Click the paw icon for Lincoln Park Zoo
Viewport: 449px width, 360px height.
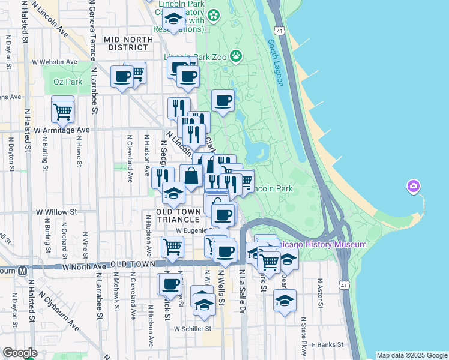(237, 56)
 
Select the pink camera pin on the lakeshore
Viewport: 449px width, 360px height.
(413, 187)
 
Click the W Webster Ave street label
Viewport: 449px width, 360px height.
(55, 62)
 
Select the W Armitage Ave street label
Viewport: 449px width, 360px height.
(61, 130)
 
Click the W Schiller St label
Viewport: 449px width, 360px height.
(193, 329)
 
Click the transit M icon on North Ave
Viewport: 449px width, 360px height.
(22, 270)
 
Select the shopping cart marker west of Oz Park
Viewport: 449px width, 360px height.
(62, 110)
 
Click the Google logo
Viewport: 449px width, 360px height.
(20, 353)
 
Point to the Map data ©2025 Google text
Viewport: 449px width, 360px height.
(411, 355)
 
